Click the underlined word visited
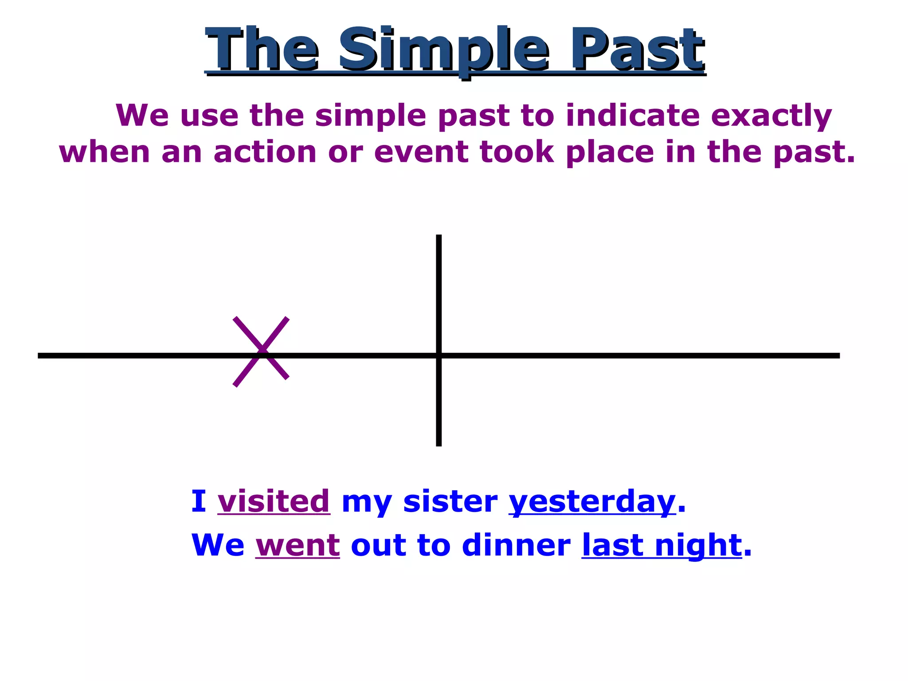(x=274, y=501)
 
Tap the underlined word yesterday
(x=592, y=502)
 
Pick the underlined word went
(x=297, y=545)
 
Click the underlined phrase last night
(x=661, y=545)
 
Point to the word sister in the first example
(x=450, y=501)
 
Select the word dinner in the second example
(x=516, y=545)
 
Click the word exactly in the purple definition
(x=771, y=116)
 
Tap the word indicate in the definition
(x=632, y=115)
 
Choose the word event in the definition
(x=421, y=152)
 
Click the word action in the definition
(x=265, y=152)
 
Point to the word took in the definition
(x=517, y=152)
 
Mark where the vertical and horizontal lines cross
(x=439, y=356)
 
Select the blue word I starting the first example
(x=198, y=501)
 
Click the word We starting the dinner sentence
(x=218, y=545)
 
